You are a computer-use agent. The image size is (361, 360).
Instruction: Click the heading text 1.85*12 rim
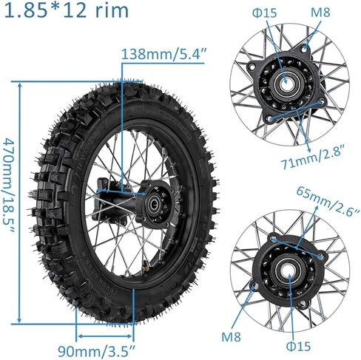coord(67,10)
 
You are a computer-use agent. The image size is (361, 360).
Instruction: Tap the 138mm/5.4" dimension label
coord(163,53)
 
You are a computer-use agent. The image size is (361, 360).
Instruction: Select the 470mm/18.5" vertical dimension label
coord(10,185)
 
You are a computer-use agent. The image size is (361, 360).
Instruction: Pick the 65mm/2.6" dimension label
coord(328,201)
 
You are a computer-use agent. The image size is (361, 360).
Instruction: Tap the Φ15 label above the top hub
coord(265,13)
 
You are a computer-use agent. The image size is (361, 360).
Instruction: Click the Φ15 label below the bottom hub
coord(298,346)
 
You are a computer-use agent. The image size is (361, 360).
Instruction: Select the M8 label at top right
coord(320,13)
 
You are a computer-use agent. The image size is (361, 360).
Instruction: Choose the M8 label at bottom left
coord(231,336)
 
